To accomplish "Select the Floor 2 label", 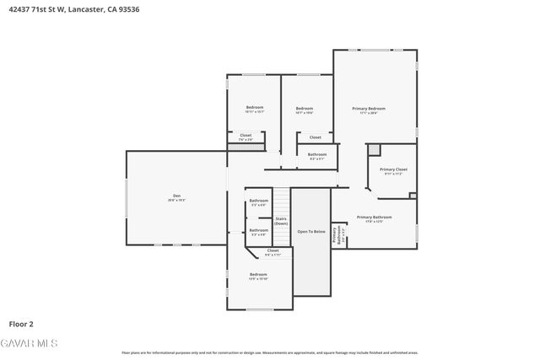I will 20,323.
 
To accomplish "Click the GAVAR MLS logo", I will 29,342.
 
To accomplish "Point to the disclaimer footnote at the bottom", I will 270,352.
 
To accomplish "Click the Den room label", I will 176,198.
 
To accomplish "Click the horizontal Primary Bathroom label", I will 374,218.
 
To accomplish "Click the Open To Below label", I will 310,231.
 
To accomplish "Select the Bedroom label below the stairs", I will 257,276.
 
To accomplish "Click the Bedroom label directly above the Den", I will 254,108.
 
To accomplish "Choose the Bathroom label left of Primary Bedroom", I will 316,155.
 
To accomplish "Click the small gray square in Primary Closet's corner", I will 375,149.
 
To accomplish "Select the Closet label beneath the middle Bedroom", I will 315,137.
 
